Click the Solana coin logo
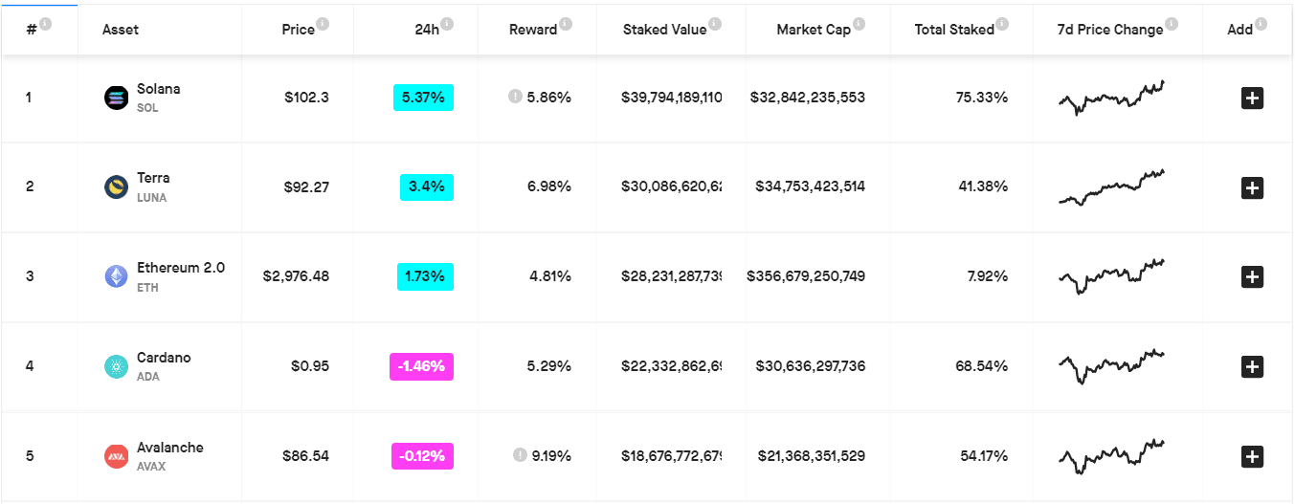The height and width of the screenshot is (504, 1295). click(116, 97)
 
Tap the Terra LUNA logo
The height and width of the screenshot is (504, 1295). click(116, 186)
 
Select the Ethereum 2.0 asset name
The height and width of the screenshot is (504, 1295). click(181, 268)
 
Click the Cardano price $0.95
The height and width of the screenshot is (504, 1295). click(310, 365)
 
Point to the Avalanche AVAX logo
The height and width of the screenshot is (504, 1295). click(116, 456)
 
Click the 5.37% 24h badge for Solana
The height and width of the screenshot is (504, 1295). click(423, 97)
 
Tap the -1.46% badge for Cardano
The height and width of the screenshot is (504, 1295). click(421, 366)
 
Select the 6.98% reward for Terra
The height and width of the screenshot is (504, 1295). click(549, 186)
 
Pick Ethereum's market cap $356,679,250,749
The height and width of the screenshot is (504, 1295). click(806, 276)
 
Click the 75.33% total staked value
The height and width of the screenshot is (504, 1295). click(982, 97)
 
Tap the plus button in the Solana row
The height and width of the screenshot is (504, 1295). click(1252, 98)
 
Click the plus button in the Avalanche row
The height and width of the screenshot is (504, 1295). click(1252, 457)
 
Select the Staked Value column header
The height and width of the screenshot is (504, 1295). click(664, 30)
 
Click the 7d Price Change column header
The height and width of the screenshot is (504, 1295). click(1109, 30)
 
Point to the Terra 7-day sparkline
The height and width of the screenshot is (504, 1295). click(1111, 186)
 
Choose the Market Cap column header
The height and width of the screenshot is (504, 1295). click(813, 30)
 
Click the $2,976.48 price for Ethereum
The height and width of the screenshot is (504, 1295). click(296, 276)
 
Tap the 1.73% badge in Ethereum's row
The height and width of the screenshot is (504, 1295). click(425, 276)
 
